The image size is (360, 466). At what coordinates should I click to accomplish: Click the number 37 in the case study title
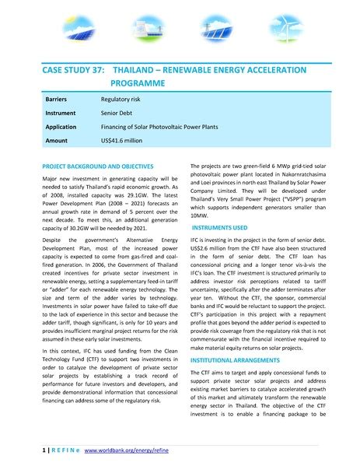point(94,71)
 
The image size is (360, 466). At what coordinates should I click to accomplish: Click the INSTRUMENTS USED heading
point(219,227)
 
